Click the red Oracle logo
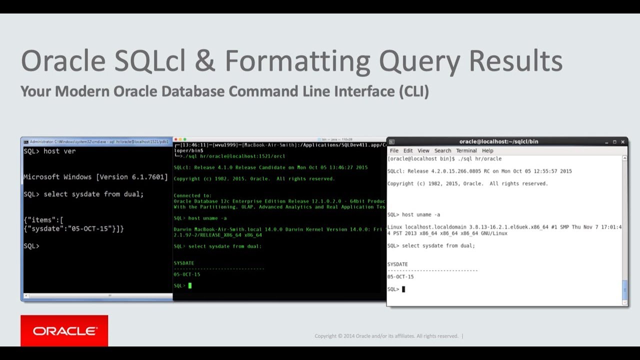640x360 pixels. [x=64, y=330]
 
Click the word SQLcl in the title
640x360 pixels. [x=150, y=61]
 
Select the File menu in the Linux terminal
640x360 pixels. [x=394, y=150]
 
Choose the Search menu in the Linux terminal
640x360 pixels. [x=442, y=150]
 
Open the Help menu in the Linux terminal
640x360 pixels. [x=487, y=150]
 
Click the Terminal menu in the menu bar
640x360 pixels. [x=466, y=150]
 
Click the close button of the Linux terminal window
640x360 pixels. [x=622, y=141]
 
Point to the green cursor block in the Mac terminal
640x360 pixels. [x=190, y=285]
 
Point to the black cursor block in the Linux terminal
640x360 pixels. [x=403, y=289]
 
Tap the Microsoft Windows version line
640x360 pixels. [x=95, y=177]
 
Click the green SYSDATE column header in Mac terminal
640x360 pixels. [x=183, y=263]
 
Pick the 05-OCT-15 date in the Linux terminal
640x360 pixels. [x=400, y=276]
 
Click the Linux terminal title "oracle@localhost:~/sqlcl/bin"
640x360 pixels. [x=498, y=141]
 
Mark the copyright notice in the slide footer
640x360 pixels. [x=386, y=336]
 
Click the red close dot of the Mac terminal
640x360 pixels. [x=175, y=139]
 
